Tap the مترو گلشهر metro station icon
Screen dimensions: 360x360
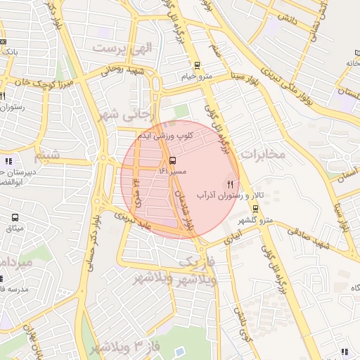point(255,209)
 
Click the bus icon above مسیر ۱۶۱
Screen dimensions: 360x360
point(173,161)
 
